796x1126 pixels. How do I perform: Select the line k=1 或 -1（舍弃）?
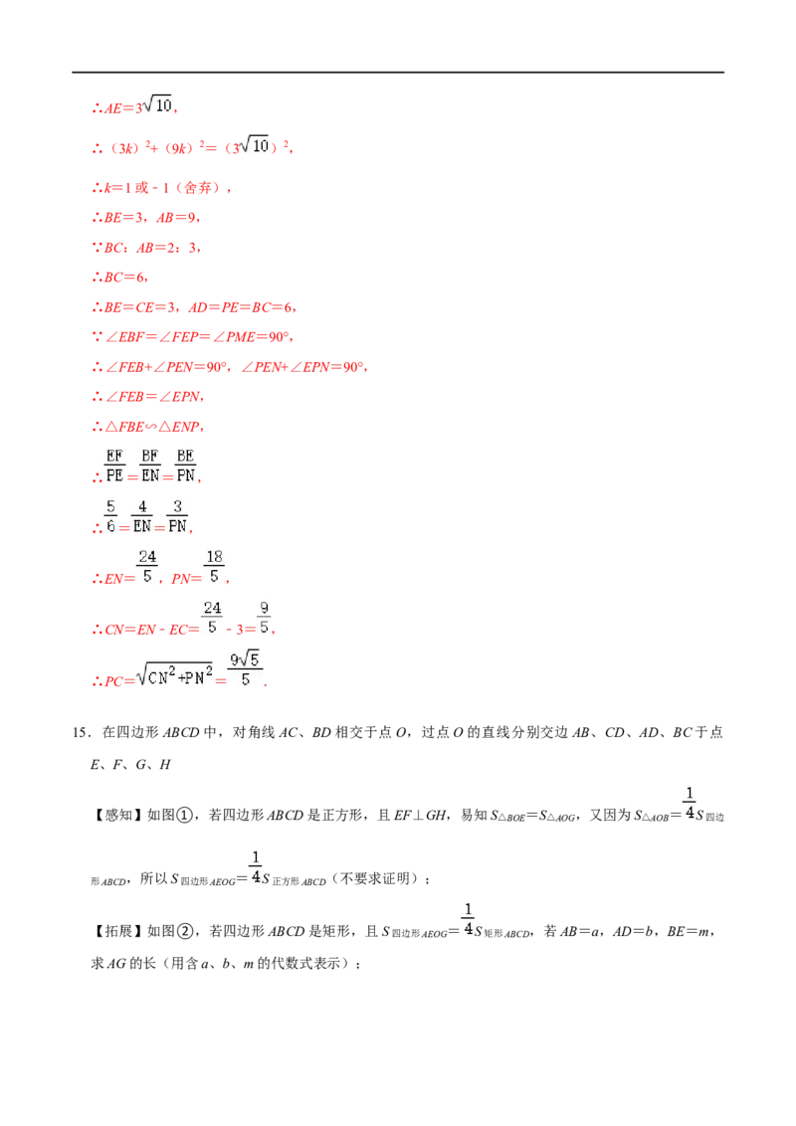tap(161, 188)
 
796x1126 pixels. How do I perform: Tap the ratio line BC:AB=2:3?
tap(146, 248)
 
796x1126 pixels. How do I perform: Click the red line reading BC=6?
tap(120, 278)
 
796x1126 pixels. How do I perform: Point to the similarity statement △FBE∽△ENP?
tap(148, 427)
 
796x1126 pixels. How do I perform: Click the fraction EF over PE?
tap(114, 467)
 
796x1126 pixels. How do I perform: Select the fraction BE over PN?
tap(185, 467)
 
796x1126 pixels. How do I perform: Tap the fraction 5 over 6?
tap(110, 516)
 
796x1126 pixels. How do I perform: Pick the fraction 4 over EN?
tap(142, 516)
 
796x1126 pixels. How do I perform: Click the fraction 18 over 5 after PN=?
tap(214, 567)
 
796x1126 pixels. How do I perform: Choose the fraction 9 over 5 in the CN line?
tap(265, 618)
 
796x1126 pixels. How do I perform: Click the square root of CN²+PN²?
tap(174, 673)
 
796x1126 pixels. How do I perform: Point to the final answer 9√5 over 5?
tap(245, 668)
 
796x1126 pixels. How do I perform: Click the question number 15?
tap(80, 732)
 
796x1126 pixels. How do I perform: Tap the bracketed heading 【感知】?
tap(116, 815)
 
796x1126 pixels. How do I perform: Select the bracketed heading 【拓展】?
tap(116, 931)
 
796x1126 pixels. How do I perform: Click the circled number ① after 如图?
tap(185, 815)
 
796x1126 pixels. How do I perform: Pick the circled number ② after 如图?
tap(185, 931)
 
